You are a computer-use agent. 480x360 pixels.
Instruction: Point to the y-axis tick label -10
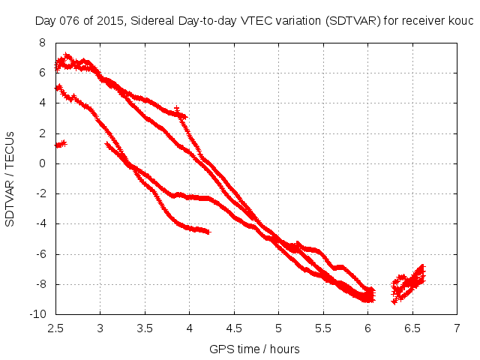37,314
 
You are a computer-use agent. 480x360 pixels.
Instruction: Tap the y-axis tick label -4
40,223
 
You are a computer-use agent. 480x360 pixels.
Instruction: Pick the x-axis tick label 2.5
55,328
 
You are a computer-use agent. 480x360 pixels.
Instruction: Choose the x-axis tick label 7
457,328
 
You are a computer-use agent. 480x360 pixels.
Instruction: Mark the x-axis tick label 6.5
412,328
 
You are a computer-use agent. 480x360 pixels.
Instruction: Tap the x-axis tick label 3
100,328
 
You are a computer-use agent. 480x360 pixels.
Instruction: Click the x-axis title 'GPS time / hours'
256,349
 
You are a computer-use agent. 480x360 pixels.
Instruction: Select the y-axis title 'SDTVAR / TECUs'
10,178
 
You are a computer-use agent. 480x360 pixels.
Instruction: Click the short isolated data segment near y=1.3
61,143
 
